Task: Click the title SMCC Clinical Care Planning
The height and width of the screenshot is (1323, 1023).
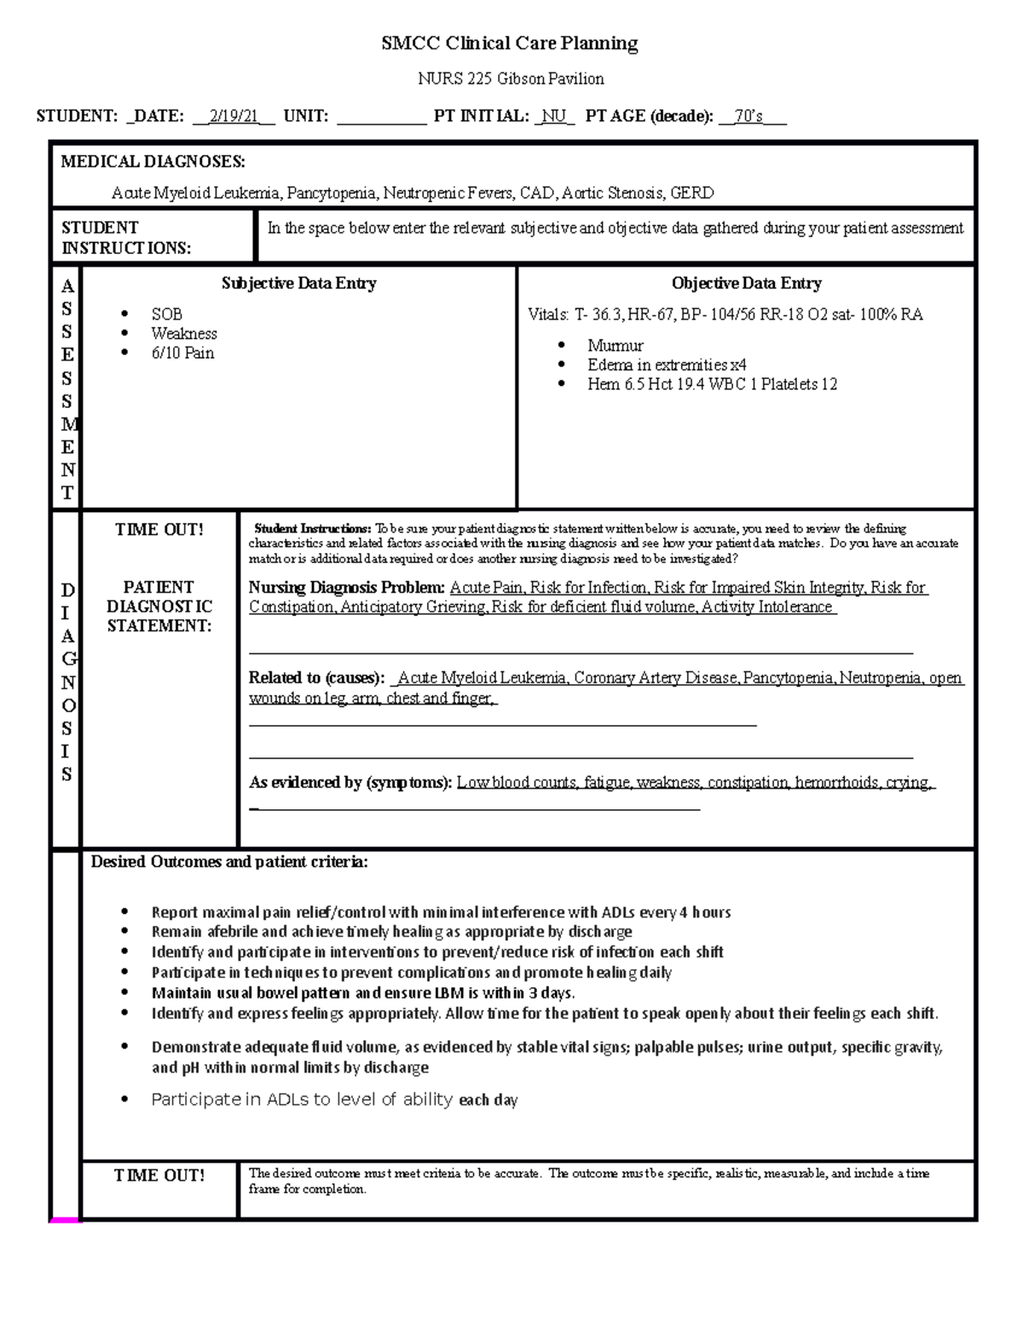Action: (x=510, y=43)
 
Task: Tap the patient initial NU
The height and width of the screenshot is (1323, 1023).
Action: (x=554, y=117)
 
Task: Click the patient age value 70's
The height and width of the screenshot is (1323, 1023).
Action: (x=749, y=117)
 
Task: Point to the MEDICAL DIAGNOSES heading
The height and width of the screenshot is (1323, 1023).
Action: (x=153, y=162)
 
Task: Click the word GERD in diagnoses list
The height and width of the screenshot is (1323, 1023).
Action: (x=691, y=193)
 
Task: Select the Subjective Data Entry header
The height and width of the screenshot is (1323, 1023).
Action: (x=298, y=284)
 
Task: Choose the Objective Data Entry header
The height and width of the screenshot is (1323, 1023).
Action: (x=746, y=284)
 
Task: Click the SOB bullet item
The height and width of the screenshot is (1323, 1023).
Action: (x=166, y=314)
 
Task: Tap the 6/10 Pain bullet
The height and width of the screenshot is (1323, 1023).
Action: (x=182, y=354)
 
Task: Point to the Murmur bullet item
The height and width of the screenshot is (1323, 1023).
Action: (x=615, y=346)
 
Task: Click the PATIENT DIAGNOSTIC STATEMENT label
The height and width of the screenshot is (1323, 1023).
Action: (x=159, y=607)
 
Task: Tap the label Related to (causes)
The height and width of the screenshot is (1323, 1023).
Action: (x=316, y=678)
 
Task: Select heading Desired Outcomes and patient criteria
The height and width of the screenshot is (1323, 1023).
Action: (x=229, y=862)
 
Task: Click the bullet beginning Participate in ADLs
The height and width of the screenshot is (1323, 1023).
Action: (x=334, y=1100)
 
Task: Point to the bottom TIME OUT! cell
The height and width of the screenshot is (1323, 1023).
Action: (x=159, y=1176)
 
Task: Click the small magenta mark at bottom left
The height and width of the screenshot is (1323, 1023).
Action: (x=65, y=1220)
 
